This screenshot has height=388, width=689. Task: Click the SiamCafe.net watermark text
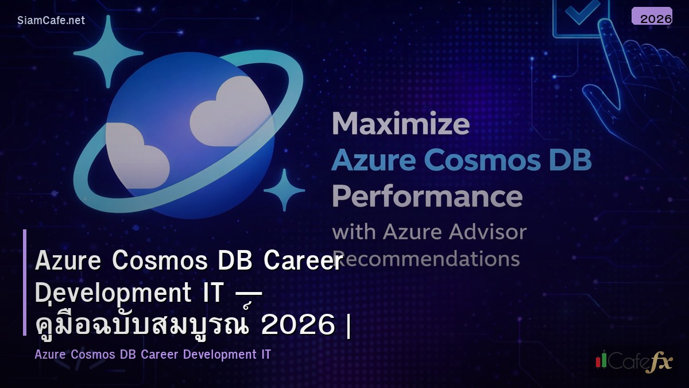51,20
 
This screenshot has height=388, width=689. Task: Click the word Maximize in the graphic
401,124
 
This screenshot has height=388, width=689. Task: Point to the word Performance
427,196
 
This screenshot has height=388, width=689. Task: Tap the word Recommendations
428,259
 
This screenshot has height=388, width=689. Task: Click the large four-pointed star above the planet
109,52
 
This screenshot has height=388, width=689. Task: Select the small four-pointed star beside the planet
284,190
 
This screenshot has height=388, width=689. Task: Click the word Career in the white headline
303,261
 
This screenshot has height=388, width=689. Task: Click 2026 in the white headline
298,325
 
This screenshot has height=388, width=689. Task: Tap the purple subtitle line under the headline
153,355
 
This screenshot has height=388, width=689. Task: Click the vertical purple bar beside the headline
25,282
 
